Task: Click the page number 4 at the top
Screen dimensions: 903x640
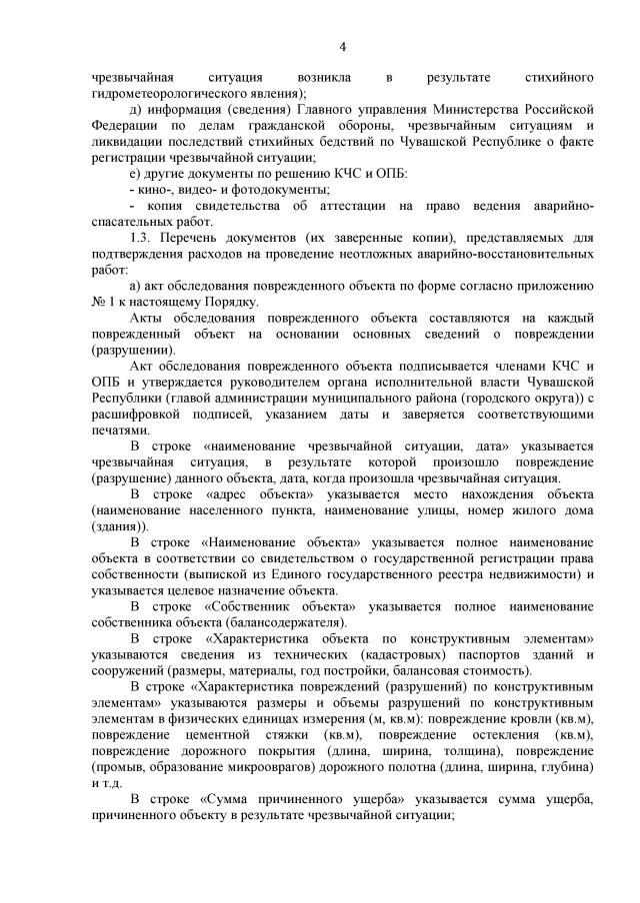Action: click(342, 47)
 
